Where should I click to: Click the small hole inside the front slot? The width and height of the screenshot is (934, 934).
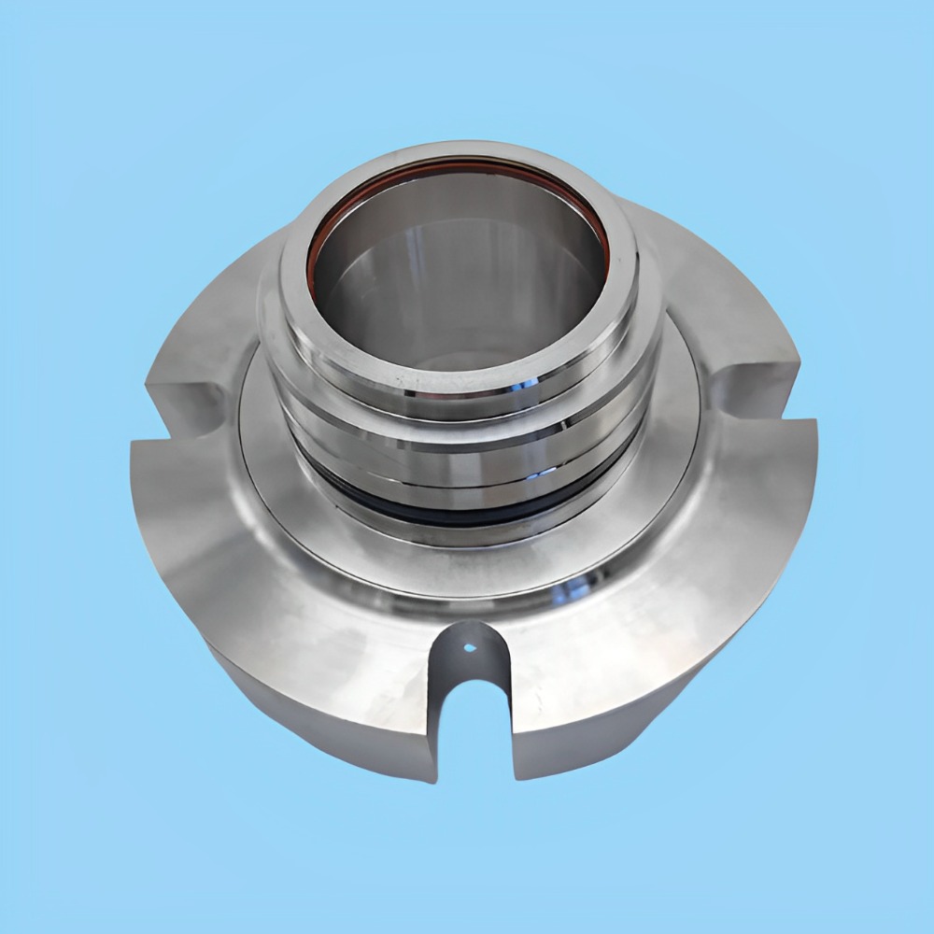(x=470, y=646)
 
